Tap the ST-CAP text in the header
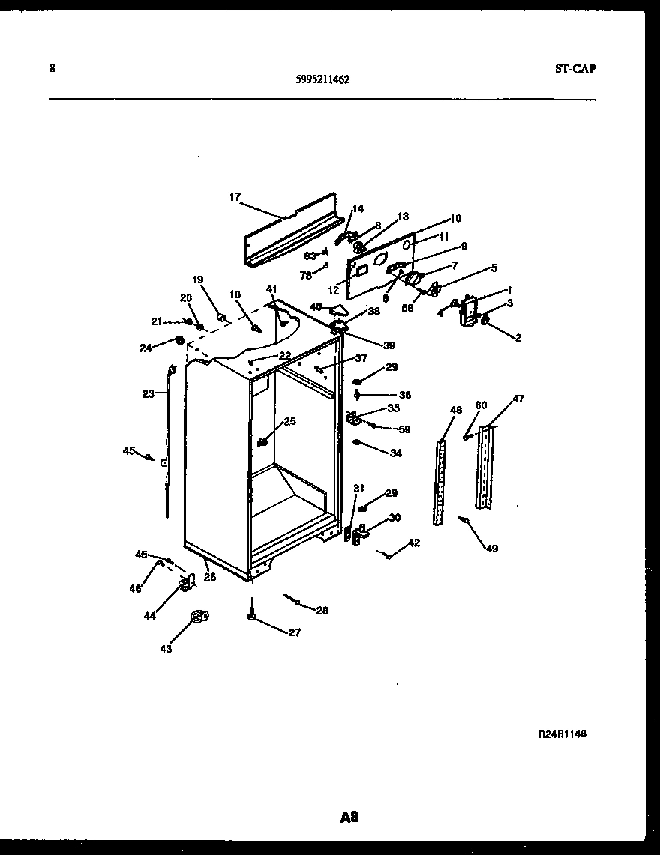575,69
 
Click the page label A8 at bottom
349,817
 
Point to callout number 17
235,197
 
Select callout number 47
518,400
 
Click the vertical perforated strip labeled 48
439,483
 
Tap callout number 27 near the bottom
294,632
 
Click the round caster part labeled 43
197,617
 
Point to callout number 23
148,393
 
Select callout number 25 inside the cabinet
289,421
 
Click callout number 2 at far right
517,338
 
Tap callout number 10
455,219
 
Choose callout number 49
490,549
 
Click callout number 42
414,543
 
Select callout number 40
315,306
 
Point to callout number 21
157,321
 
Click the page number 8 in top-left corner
52,68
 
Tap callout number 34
396,453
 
